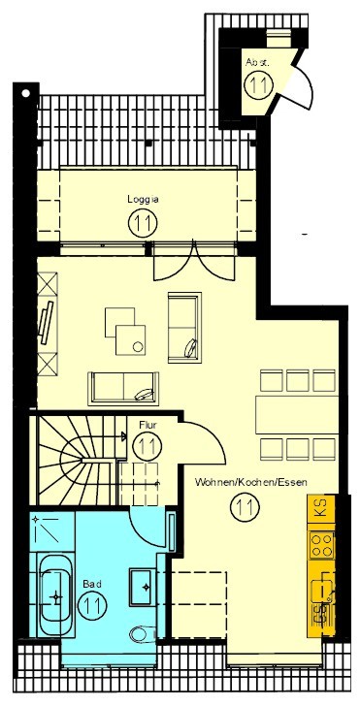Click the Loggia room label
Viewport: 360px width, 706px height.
(x=143, y=200)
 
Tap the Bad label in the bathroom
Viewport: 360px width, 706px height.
(x=91, y=584)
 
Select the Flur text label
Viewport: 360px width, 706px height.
(x=147, y=424)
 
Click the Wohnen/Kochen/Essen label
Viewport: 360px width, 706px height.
(x=251, y=483)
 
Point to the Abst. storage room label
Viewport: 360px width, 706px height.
(x=257, y=63)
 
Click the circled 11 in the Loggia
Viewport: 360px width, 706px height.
(x=143, y=222)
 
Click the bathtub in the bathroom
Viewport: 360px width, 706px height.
(x=55, y=595)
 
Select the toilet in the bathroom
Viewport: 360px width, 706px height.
(x=143, y=634)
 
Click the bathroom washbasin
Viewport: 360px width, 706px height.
(x=143, y=587)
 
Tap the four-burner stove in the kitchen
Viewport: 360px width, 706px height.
(x=322, y=545)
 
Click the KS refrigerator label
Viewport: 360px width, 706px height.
(x=322, y=506)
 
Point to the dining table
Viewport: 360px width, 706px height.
(x=297, y=415)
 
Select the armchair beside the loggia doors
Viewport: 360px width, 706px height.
(x=184, y=328)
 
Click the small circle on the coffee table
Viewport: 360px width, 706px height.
(x=138, y=347)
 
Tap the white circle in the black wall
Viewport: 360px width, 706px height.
(x=26, y=94)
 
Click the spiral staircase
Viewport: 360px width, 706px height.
(x=78, y=460)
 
